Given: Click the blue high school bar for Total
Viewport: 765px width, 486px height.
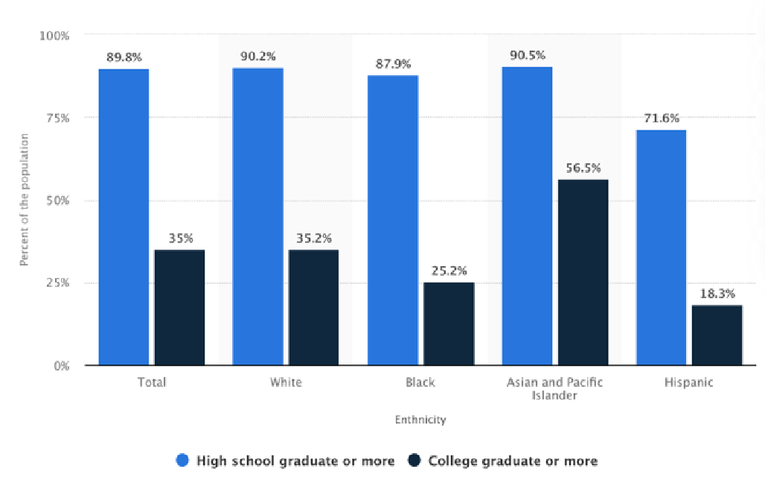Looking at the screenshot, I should tap(124, 217).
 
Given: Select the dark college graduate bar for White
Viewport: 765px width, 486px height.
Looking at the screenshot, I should tap(313, 307).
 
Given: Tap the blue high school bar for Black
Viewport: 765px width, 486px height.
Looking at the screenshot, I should tap(393, 220).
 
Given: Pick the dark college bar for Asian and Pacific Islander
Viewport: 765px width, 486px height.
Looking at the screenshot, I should tap(583, 272).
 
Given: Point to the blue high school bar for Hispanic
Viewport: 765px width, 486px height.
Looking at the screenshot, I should tap(661, 247).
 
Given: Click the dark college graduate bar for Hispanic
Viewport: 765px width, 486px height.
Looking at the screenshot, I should tap(717, 335).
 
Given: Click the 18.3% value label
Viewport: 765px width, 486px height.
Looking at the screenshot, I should tap(717, 294).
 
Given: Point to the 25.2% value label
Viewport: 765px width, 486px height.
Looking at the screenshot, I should tap(448, 271).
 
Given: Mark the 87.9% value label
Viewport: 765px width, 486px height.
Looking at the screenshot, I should tap(393, 64).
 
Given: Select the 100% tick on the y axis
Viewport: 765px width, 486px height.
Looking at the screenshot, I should tap(55, 35).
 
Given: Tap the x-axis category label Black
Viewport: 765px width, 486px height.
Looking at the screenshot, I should tap(420, 382).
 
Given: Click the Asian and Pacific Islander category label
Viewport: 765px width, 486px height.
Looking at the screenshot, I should tap(554, 388).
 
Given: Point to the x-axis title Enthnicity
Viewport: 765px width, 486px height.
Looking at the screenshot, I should tap(420, 420).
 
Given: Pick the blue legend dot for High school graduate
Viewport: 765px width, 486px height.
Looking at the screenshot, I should tap(182, 461).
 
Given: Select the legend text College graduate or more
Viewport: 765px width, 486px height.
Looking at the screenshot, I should tap(513, 461).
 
